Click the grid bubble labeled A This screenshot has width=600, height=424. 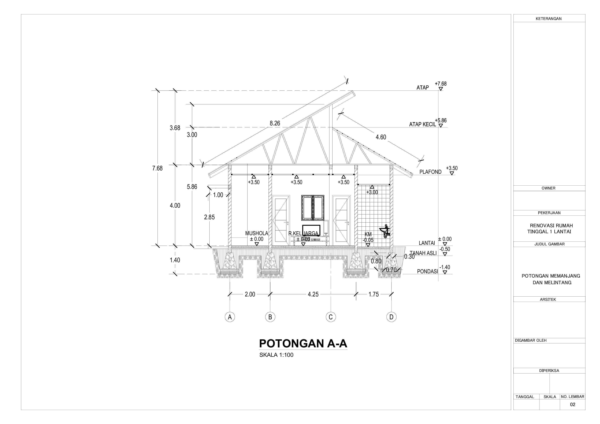click(230, 317)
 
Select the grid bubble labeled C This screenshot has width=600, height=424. click(331, 317)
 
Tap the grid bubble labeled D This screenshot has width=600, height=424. click(391, 317)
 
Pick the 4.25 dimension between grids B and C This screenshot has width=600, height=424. click(313, 294)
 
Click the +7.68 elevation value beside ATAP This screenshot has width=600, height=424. click(441, 84)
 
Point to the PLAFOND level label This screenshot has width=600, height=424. click(430, 172)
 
